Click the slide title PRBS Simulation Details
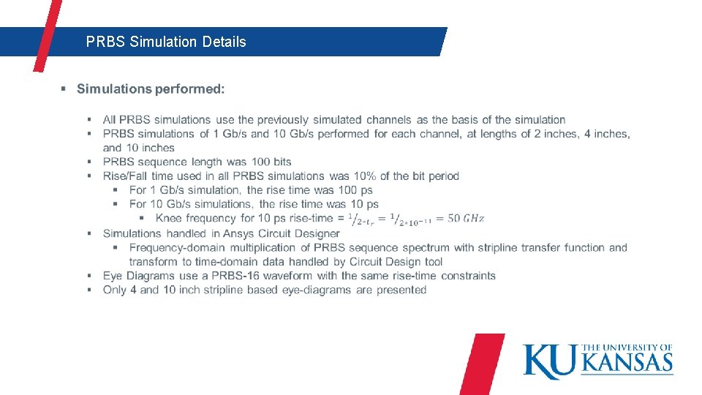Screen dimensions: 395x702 pyautogui.click(x=166, y=42)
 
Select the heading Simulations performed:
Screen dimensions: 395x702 pyautogui.click(x=151, y=89)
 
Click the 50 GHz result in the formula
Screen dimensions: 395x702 pyautogui.click(x=465, y=218)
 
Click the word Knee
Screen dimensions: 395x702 pyautogui.click(x=169, y=218)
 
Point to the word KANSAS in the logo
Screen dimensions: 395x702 pyautogui.click(x=627, y=363)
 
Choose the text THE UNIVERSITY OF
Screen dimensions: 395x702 pyautogui.click(x=627, y=347)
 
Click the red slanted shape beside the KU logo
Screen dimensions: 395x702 pyautogui.click(x=481, y=364)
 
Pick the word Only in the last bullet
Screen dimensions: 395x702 pyautogui.click(x=115, y=290)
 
